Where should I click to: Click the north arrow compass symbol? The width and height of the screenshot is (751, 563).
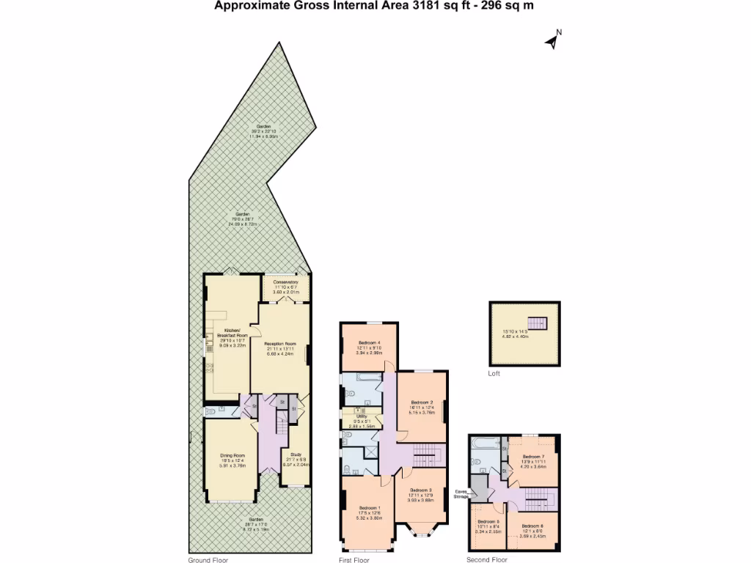tap(553, 40)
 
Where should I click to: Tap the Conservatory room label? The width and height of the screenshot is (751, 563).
tap(285, 283)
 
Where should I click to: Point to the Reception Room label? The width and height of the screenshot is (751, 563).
tap(280, 343)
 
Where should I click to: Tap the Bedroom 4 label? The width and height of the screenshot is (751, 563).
tap(370, 343)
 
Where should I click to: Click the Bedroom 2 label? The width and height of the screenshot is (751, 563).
tap(422, 402)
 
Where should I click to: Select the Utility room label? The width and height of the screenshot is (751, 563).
tap(362, 416)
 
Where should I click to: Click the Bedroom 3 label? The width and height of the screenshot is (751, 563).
tap(420, 490)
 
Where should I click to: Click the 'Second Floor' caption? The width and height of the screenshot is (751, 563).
tap(486, 559)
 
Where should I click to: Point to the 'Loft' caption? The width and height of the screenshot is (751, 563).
tap(494, 373)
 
